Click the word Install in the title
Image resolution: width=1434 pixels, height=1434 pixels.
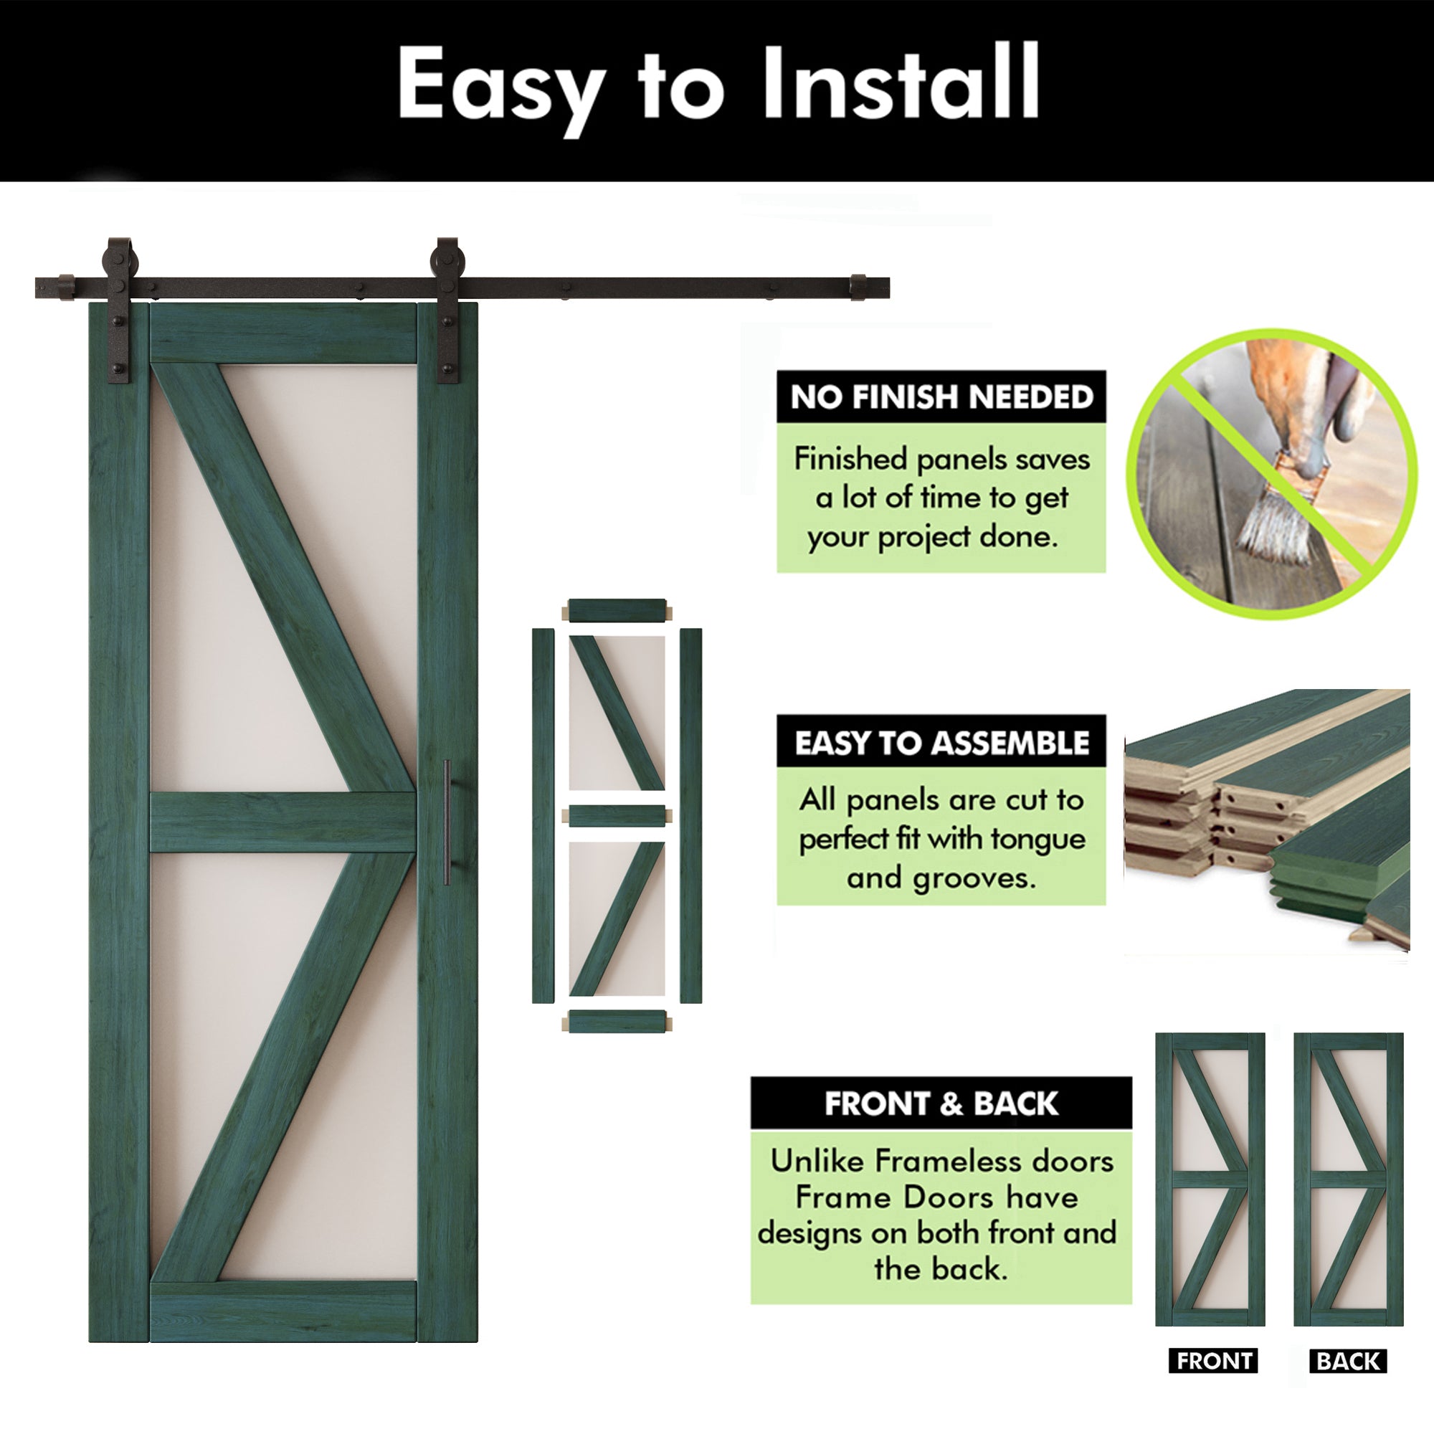point(901,83)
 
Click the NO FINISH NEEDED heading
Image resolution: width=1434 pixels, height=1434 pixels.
point(941,397)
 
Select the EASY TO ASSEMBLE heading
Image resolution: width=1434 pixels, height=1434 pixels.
point(941,743)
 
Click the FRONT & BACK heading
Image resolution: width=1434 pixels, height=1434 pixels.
point(941,1103)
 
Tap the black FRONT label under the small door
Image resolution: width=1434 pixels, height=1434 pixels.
point(1214,1361)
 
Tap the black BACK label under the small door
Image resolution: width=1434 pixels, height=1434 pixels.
point(1348,1361)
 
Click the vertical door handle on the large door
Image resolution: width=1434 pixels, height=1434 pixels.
point(447,822)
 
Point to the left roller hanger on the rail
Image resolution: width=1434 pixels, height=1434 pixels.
point(119,308)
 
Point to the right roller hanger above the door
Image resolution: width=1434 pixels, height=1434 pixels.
point(447,308)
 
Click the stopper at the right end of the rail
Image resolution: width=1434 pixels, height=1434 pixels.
point(858,288)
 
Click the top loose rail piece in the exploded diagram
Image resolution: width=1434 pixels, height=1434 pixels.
point(617,611)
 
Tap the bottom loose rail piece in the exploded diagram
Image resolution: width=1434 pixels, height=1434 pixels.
point(617,1021)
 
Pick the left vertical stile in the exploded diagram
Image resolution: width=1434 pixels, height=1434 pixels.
point(543,816)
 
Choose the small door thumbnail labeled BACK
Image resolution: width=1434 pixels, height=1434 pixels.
point(1348,1179)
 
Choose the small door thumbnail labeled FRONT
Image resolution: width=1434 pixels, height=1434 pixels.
point(1210,1179)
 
